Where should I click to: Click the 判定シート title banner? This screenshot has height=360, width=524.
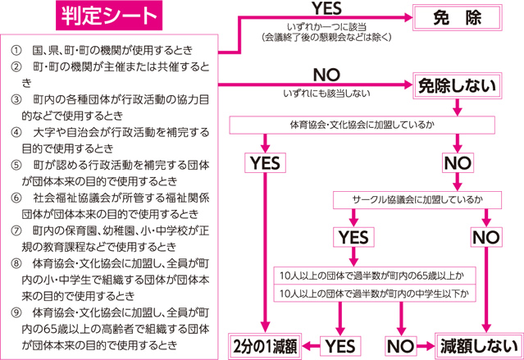pos(109,16)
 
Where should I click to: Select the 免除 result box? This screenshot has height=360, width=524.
pos(457,17)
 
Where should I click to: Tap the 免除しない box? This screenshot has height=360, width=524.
pos(457,85)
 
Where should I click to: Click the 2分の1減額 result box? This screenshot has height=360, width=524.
pos(265,346)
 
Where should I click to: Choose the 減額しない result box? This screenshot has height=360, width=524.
pos(479,346)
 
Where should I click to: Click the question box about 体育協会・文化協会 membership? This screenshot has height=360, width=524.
pos(362,125)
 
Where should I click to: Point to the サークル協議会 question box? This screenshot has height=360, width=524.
pos(417,200)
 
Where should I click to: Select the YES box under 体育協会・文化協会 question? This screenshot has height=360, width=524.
pos(265,163)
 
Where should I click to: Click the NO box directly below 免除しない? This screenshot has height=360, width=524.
pos(458,163)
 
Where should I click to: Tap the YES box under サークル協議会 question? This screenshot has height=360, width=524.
pos(353,237)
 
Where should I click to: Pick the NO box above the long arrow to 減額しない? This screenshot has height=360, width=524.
pos(486,237)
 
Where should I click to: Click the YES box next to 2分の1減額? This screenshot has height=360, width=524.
pos(340,346)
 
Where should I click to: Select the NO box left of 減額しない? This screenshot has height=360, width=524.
pos(401,346)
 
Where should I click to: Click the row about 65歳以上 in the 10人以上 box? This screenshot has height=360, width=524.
pos(375,276)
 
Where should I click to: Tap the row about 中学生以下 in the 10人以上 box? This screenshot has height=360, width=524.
pos(375,294)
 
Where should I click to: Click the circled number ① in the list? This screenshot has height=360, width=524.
pos(16,51)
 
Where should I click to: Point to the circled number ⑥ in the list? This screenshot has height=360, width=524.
pos(16,198)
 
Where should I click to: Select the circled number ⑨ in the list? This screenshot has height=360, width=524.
pos(16,313)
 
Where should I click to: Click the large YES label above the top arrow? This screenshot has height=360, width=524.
pos(327,8)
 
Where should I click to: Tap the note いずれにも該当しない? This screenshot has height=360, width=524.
pos(326,93)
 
